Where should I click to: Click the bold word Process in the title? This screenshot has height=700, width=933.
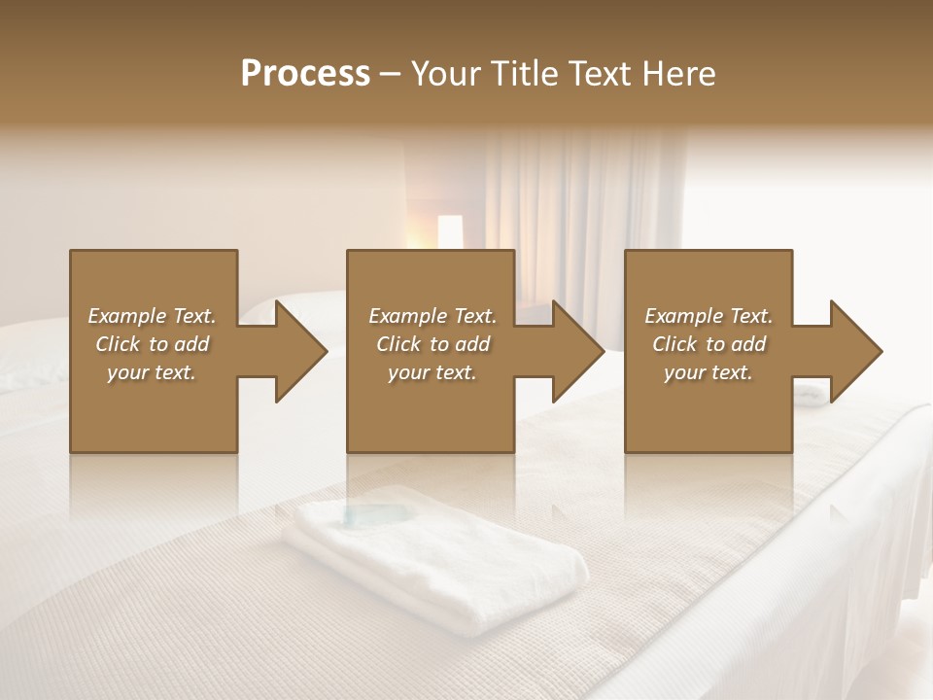305,74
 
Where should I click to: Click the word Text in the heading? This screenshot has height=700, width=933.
597,74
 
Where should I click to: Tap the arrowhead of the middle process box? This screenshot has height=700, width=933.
576,351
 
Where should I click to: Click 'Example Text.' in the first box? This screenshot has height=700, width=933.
152,316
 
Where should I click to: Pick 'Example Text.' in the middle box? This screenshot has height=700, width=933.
432,316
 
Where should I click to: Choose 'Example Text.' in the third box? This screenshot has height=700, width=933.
708,316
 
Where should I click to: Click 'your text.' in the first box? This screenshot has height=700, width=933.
152,372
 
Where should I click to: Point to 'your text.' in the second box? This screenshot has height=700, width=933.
432,372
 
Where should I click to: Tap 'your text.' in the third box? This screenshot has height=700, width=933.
708,372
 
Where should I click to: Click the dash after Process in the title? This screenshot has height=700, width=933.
390,75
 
